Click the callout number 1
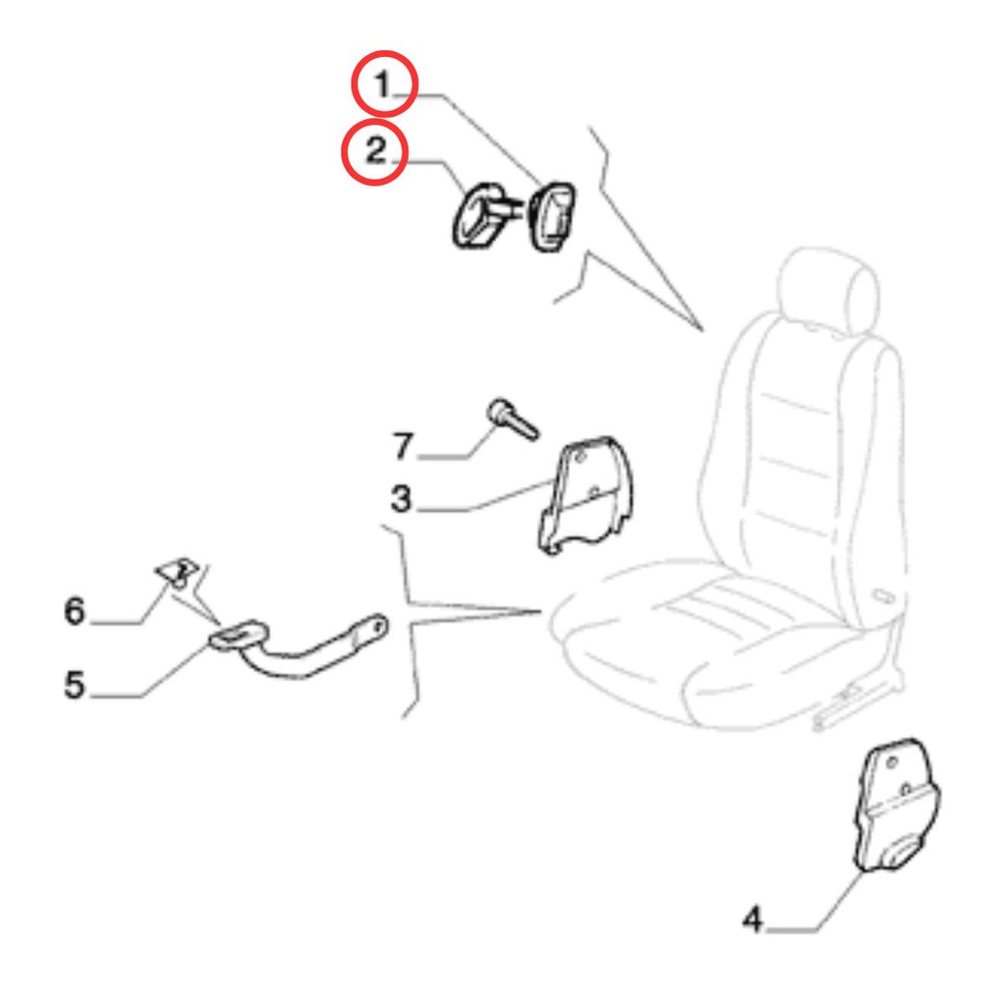(x=383, y=84)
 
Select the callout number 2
(x=375, y=151)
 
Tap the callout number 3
(x=401, y=498)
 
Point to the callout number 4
(x=752, y=919)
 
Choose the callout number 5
(x=75, y=685)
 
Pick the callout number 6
(x=75, y=610)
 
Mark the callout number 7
(x=403, y=446)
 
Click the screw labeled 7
(x=513, y=419)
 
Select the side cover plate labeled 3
(x=584, y=494)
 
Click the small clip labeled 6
(x=178, y=571)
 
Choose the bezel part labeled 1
(x=551, y=216)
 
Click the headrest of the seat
(x=827, y=289)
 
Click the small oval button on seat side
(x=885, y=596)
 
